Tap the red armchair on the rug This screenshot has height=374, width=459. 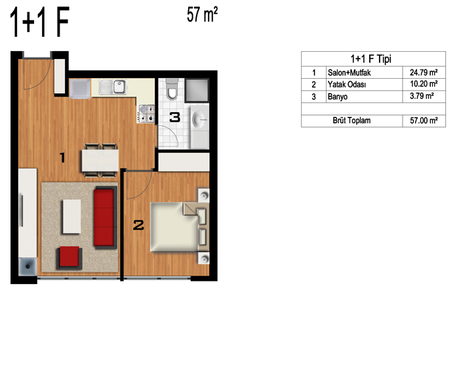tap(70, 258)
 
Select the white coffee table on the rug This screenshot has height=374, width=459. tap(71, 217)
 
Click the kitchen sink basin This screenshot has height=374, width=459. tap(120, 87)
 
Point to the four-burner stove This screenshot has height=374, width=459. tap(146, 114)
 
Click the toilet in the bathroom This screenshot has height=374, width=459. tap(172, 89)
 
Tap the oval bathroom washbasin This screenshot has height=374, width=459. tap(199, 119)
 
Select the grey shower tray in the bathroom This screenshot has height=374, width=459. tap(197, 90)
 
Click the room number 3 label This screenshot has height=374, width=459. tap(175, 117)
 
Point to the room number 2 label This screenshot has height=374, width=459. tap(138, 225)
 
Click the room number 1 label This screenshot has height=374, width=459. tap(62, 157)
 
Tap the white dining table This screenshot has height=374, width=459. tap(100, 161)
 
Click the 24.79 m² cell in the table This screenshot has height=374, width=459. tap(424, 72)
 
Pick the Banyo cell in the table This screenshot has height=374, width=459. tap(338, 96)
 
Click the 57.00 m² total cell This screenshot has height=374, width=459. tap(424, 121)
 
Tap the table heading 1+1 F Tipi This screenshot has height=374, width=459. tap(371, 59)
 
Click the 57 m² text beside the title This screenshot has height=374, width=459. tap(202, 15)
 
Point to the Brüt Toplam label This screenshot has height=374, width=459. tap(351, 121)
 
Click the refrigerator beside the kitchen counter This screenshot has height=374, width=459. tap(80, 89)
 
